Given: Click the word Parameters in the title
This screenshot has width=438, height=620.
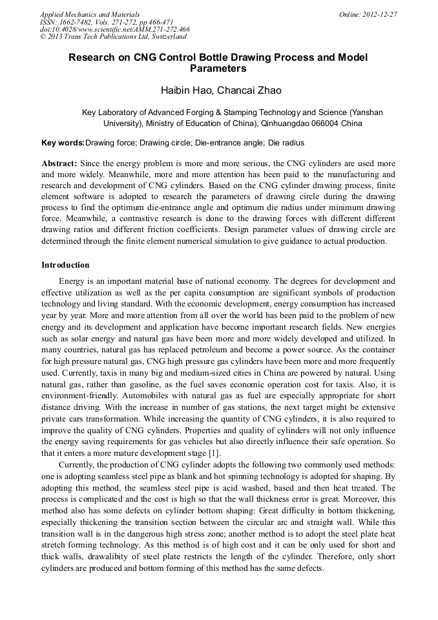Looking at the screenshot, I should [x=218, y=68].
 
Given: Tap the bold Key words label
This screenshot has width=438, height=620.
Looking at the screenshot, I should [x=63, y=142].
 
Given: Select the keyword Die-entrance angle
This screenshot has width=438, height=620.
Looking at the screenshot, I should [x=229, y=142].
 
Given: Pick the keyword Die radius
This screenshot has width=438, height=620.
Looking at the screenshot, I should [x=286, y=142].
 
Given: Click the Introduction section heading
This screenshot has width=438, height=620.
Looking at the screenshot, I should [x=65, y=265].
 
